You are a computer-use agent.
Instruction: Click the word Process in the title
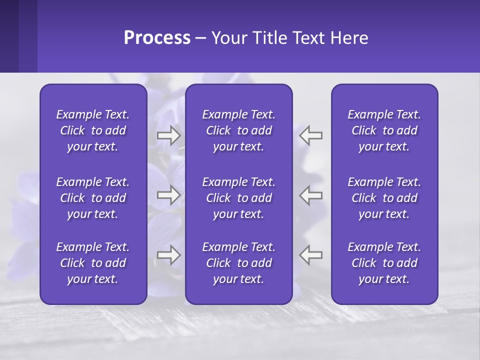[x=157, y=38]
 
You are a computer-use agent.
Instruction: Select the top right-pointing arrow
[x=169, y=135]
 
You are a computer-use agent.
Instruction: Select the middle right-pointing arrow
[x=169, y=195]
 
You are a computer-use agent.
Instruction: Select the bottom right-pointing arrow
[x=169, y=255]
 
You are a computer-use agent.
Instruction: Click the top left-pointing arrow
[x=311, y=135]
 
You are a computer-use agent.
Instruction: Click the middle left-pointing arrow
[x=311, y=195]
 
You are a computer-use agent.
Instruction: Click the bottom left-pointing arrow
[x=311, y=255]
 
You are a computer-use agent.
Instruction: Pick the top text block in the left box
[x=93, y=130]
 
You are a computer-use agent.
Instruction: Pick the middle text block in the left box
[x=93, y=198]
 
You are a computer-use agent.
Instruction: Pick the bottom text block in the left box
[x=93, y=263]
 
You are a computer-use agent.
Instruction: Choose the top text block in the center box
[x=239, y=130]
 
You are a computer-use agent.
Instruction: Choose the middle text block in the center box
[x=239, y=198]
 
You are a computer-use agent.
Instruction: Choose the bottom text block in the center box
[x=239, y=263]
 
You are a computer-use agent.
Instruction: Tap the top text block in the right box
[x=384, y=130]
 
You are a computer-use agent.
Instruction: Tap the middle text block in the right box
[x=384, y=198]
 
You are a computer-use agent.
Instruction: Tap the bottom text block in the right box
[x=384, y=263]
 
